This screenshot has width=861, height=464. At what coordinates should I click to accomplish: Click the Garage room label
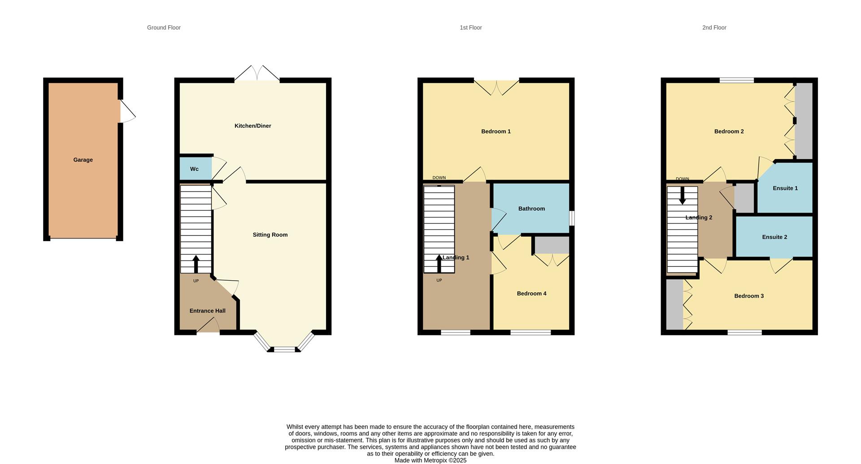point(83,160)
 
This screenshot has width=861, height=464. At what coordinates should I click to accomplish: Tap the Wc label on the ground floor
point(194,169)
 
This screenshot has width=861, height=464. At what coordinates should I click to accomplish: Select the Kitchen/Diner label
point(252,126)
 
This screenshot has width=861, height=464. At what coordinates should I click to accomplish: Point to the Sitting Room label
point(270,235)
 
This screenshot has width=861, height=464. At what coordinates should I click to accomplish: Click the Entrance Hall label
point(207,311)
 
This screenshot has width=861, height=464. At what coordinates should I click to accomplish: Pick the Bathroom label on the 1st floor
point(531,208)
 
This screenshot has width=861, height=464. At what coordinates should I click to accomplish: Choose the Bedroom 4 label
point(531,294)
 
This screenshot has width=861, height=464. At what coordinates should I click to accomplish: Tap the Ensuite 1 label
point(785,188)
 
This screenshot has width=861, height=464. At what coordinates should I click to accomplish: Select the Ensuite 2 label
point(774,237)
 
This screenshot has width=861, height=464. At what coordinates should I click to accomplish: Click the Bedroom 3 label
point(749,296)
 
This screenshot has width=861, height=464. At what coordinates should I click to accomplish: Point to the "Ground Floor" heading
point(164,28)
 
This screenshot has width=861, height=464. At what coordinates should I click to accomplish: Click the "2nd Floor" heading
point(714,28)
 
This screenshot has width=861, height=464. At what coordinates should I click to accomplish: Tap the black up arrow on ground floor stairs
point(196,264)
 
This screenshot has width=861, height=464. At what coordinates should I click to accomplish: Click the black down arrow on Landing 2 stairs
point(682,196)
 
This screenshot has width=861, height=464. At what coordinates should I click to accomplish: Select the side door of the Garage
point(127,111)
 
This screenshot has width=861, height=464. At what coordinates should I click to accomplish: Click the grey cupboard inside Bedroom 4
point(552,245)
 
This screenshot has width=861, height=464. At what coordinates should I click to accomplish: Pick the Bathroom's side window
point(572,218)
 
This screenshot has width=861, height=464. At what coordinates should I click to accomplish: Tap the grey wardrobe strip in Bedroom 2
point(804,120)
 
